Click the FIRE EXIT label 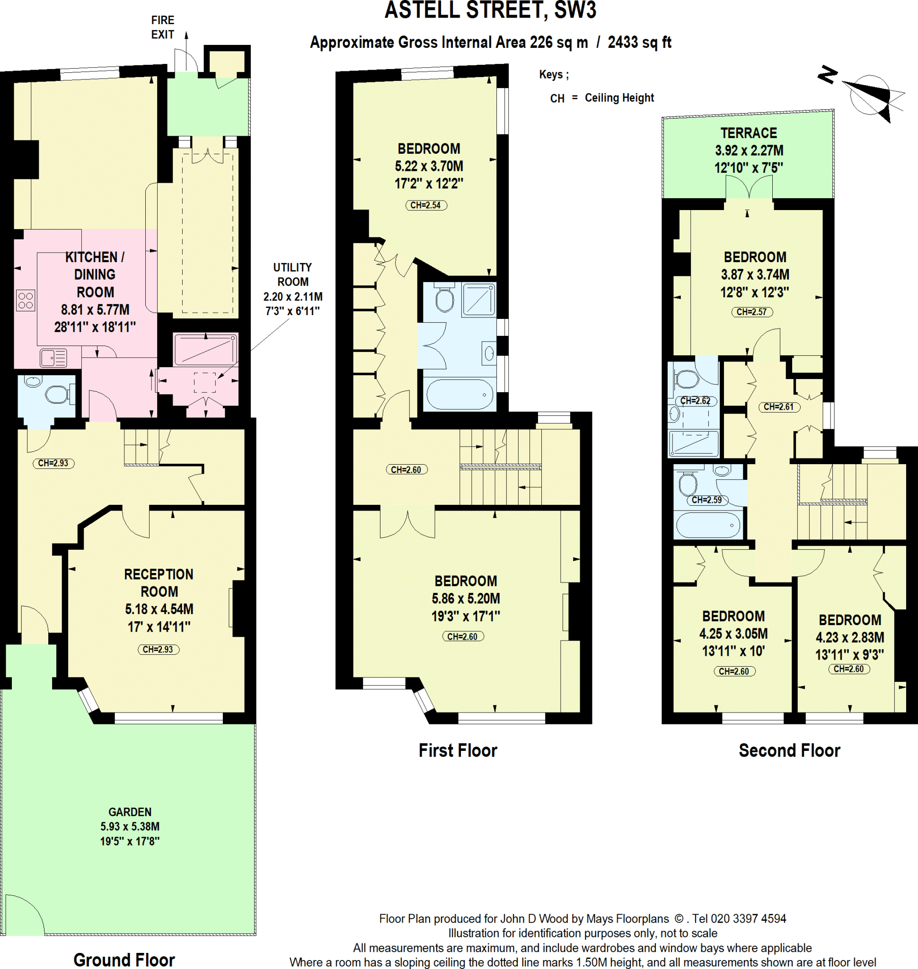coord(162,27)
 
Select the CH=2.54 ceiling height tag coord(426,205)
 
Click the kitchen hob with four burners coord(26,300)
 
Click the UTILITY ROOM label coord(292,274)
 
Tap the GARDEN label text coord(130,812)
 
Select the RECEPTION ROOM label coord(159,582)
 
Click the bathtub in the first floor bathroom coord(460,394)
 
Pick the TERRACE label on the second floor coord(749,132)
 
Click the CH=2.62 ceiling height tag coord(695,401)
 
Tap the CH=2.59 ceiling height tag coord(706,500)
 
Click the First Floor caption coord(458,750)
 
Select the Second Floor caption coord(789,750)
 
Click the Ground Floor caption coord(124,960)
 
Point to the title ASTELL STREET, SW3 coord(490,10)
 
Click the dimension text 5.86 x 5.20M coord(466,599)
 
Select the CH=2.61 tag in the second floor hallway coord(779,407)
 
